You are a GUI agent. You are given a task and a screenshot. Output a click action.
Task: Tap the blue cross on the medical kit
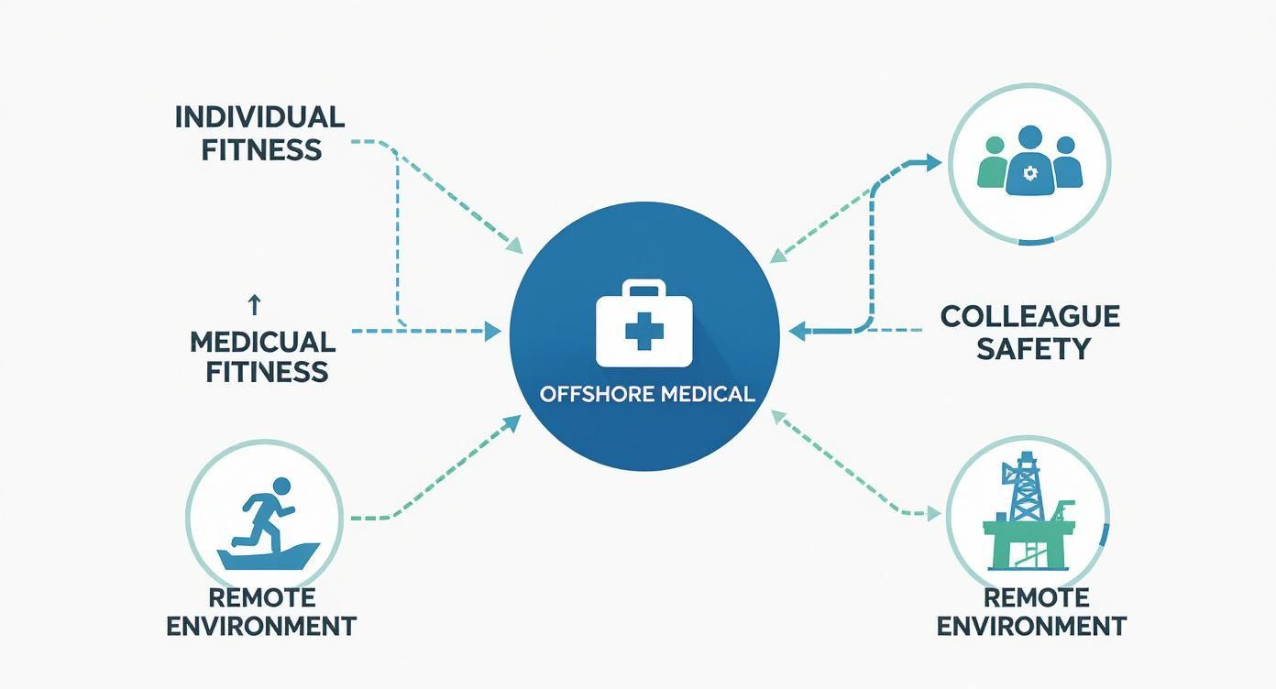coord(643,332)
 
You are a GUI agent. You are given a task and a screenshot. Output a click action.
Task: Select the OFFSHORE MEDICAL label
coord(647,394)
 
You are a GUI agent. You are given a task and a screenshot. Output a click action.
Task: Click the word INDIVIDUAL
coord(259,117)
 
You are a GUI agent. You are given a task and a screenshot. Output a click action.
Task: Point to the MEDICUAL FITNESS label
coord(262,356)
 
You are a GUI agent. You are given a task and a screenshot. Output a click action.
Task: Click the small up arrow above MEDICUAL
coord(255,305)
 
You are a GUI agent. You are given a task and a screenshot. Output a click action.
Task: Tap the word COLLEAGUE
coord(1030,317)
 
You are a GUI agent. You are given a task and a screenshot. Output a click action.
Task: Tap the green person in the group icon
coord(994,164)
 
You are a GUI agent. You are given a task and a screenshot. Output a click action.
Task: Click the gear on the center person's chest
coord(1028,172)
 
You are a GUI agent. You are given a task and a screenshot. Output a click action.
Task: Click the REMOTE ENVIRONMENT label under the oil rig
coord(1031,612)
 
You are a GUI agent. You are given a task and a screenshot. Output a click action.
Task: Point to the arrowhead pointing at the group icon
coord(933,163)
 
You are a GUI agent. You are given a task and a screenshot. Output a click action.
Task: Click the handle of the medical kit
coord(643,290)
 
